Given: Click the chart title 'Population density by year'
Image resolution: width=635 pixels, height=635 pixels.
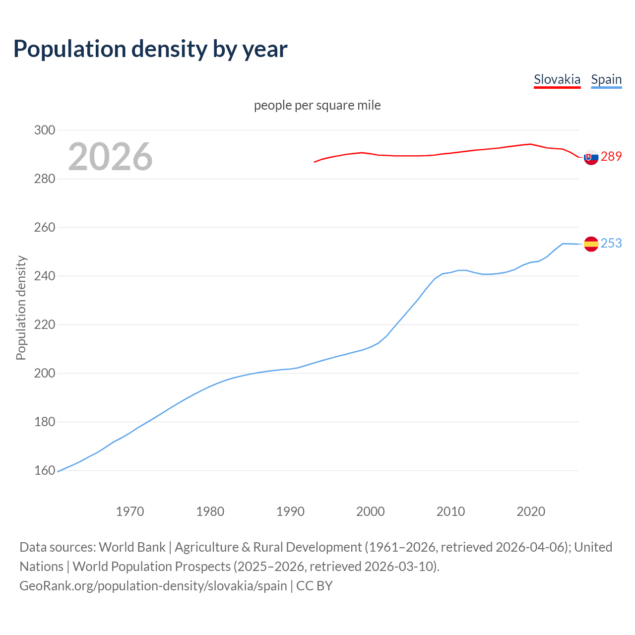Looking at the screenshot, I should [x=150, y=49].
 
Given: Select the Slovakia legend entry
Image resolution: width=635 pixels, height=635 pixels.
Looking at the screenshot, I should [x=557, y=79].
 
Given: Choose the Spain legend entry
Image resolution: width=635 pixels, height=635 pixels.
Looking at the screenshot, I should [x=606, y=79].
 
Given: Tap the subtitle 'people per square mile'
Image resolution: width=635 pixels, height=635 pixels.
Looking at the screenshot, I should [x=317, y=105].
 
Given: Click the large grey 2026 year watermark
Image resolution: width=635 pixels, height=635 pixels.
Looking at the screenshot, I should [x=110, y=157].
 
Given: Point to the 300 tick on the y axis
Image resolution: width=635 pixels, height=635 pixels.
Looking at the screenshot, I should [x=44, y=130].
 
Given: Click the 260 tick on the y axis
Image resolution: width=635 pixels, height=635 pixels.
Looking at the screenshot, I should [x=44, y=227].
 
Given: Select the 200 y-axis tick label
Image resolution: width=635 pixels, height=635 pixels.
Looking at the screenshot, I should [x=44, y=373].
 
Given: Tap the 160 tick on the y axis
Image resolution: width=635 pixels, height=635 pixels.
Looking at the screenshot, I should [x=44, y=470].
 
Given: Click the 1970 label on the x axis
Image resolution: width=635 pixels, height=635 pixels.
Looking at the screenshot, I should [x=130, y=511].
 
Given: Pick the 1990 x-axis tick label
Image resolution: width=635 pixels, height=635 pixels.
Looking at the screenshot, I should [x=290, y=511].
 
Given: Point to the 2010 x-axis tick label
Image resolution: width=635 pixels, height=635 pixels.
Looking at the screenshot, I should [x=450, y=511].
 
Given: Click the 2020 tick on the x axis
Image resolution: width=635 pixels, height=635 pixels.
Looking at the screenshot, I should [x=531, y=511].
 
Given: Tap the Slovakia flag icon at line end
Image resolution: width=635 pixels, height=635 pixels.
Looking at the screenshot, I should [x=591, y=157].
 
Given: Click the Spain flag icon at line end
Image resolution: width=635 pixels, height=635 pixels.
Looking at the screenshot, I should [x=591, y=244].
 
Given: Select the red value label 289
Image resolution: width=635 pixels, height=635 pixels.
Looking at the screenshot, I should [x=611, y=156].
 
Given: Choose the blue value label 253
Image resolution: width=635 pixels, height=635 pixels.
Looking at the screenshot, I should [x=611, y=243].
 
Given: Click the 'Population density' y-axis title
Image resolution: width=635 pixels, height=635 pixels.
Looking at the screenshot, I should [x=21, y=308].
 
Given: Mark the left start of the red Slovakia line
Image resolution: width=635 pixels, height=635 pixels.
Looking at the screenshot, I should [x=315, y=162].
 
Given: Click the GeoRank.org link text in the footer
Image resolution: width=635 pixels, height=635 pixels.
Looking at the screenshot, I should [x=153, y=586].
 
